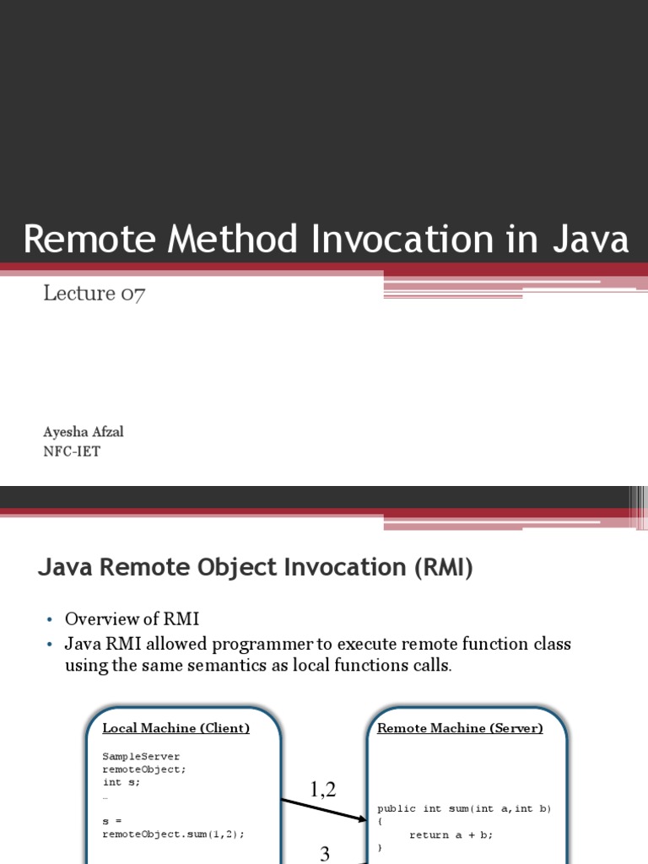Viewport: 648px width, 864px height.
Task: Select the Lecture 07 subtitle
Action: (94, 294)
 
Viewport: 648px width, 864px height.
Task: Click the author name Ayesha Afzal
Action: (84, 432)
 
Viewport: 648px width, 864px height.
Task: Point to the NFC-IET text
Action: (72, 451)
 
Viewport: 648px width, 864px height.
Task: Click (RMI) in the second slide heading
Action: (443, 568)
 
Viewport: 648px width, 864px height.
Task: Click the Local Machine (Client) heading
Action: (175, 728)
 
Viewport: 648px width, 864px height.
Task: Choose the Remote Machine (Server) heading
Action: (460, 728)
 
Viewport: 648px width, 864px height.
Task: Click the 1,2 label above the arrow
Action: (322, 789)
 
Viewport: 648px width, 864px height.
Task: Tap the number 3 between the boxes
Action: (325, 854)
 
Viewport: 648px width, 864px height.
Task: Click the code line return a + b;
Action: (451, 834)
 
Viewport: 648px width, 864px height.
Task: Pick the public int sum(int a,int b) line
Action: (463, 808)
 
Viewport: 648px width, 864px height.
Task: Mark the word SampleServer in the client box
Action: (141, 756)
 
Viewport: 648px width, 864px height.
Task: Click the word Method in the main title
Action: (231, 240)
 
